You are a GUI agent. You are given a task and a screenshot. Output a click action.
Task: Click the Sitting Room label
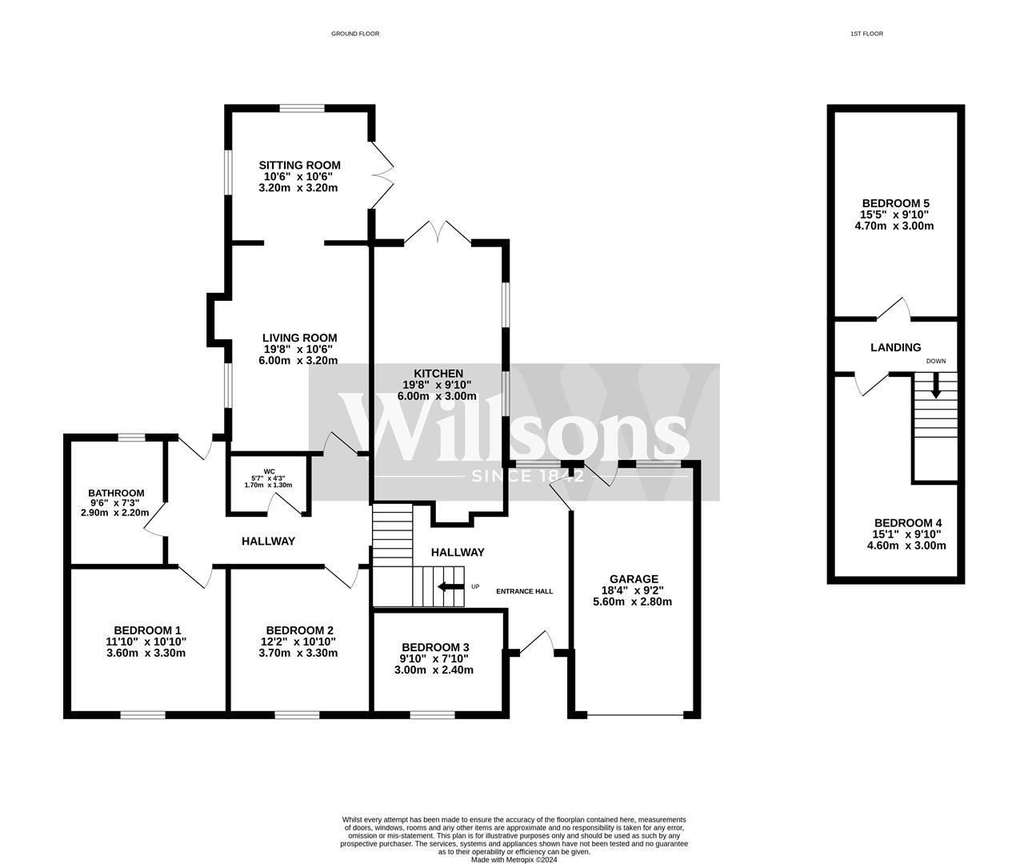point(299,166)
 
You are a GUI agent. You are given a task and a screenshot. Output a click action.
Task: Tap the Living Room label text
point(300,338)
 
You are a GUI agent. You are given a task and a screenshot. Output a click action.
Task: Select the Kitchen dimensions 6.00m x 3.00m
point(439,396)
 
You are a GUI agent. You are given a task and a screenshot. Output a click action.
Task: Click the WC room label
point(268,471)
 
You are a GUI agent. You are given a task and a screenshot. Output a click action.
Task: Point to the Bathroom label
point(117,494)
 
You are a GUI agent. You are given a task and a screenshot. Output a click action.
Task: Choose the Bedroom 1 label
point(147,630)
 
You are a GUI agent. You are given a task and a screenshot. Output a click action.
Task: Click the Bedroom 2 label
point(299,630)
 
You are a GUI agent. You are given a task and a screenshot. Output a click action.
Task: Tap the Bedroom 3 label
point(435,647)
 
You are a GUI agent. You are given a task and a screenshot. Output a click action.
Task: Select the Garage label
point(634,579)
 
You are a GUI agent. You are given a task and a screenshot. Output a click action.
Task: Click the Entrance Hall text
point(524,591)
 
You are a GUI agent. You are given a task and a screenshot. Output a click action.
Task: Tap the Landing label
point(895,347)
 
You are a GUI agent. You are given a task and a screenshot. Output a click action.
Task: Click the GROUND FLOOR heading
point(355,34)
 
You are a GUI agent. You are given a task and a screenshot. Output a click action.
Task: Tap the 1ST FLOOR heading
point(866,34)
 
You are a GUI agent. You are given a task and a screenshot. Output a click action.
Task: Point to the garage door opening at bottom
point(634,714)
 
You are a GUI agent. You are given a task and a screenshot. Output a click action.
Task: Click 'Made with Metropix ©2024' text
point(514,860)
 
